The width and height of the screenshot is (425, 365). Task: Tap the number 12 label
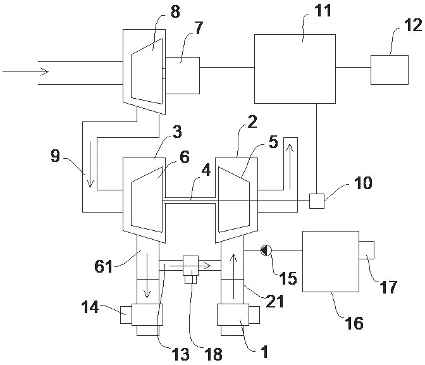coord(413,25)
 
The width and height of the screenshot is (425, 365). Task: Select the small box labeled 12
coord(390,70)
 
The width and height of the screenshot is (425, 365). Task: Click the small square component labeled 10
coord(317,201)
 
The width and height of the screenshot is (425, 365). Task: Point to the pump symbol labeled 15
coord(266,251)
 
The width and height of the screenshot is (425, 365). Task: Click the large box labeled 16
coord(331,261)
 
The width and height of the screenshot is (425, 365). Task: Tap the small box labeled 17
coord(366,250)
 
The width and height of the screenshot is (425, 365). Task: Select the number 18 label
coord(214,354)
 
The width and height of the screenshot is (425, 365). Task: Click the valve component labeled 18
coord(190,269)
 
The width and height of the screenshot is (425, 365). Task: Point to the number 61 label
coord(103,266)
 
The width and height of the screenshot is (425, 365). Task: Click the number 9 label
coord(55,156)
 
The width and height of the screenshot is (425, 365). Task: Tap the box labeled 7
coord(182,76)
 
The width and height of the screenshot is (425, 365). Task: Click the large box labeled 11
coord(295,69)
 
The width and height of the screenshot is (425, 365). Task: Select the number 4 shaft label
coord(206,170)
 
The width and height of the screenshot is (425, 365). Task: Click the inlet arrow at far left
coord(26,72)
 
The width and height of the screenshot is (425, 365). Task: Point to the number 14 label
coord(90,307)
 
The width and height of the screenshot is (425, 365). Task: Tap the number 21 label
coord(274,301)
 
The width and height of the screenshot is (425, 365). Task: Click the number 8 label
coord(175,12)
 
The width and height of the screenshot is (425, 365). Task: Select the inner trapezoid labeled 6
coord(147,200)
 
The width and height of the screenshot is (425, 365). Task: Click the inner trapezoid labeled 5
coord(234,200)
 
